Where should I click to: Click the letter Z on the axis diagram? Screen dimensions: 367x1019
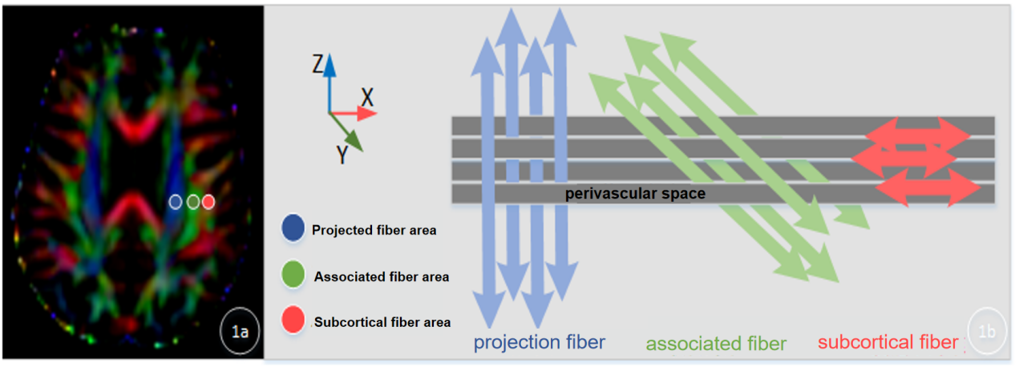(x=317, y=65)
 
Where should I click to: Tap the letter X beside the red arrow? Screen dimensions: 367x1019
(x=367, y=98)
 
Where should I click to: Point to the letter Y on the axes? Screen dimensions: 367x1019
(x=342, y=154)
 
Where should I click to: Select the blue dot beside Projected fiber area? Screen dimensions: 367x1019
(x=293, y=228)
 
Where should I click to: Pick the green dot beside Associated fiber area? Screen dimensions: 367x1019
(x=293, y=275)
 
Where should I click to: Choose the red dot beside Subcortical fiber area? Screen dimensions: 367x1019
(x=293, y=321)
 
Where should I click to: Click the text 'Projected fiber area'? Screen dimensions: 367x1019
(x=374, y=231)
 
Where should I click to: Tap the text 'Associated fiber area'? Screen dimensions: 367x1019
(x=381, y=277)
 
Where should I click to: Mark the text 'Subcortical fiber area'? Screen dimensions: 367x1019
(x=382, y=322)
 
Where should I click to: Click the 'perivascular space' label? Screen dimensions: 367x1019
(x=635, y=194)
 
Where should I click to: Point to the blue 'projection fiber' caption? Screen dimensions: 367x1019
(x=539, y=343)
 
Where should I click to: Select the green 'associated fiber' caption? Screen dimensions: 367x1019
(x=715, y=345)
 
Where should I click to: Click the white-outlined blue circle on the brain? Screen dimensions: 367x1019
(x=176, y=202)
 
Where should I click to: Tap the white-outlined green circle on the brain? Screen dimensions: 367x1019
(x=192, y=202)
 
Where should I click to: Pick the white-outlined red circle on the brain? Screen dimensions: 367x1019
(x=208, y=202)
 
